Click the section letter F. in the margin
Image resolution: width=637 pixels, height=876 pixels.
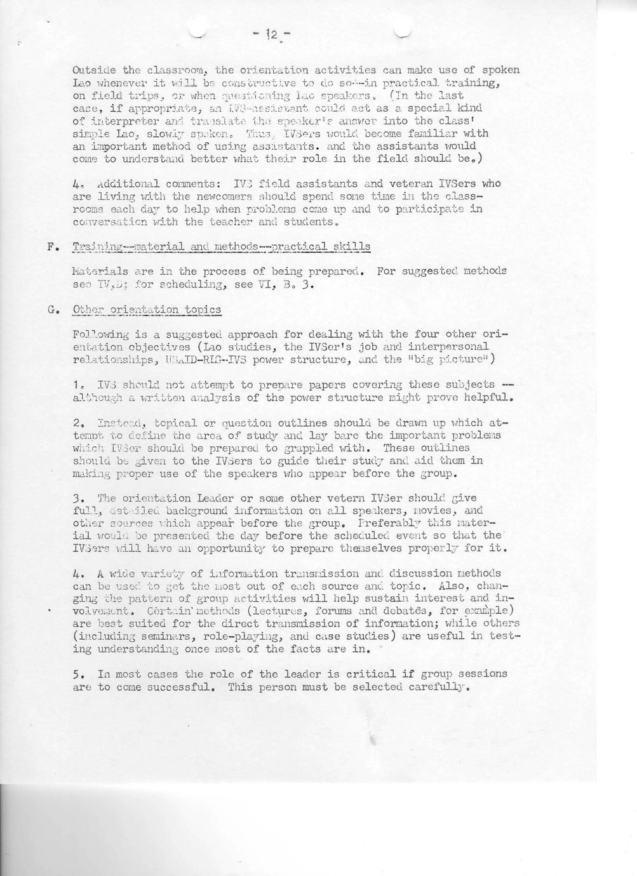51,246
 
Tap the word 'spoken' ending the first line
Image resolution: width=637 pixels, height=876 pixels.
500,70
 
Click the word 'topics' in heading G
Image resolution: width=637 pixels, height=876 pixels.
203,310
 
